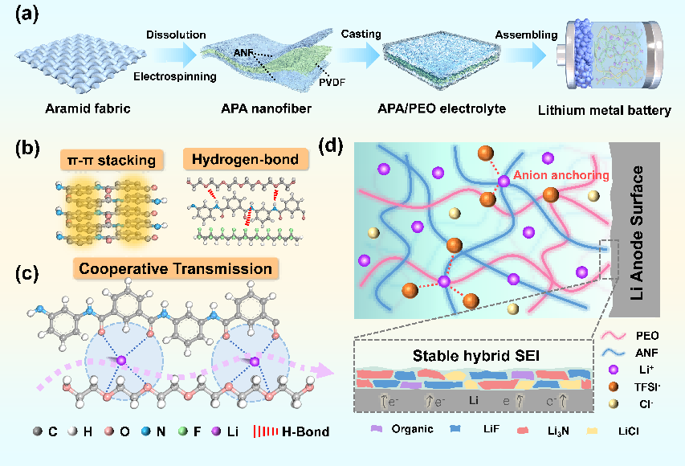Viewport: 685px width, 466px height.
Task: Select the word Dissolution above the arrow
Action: (x=177, y=36)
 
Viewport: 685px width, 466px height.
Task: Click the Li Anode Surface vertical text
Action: (x=639, y=226)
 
